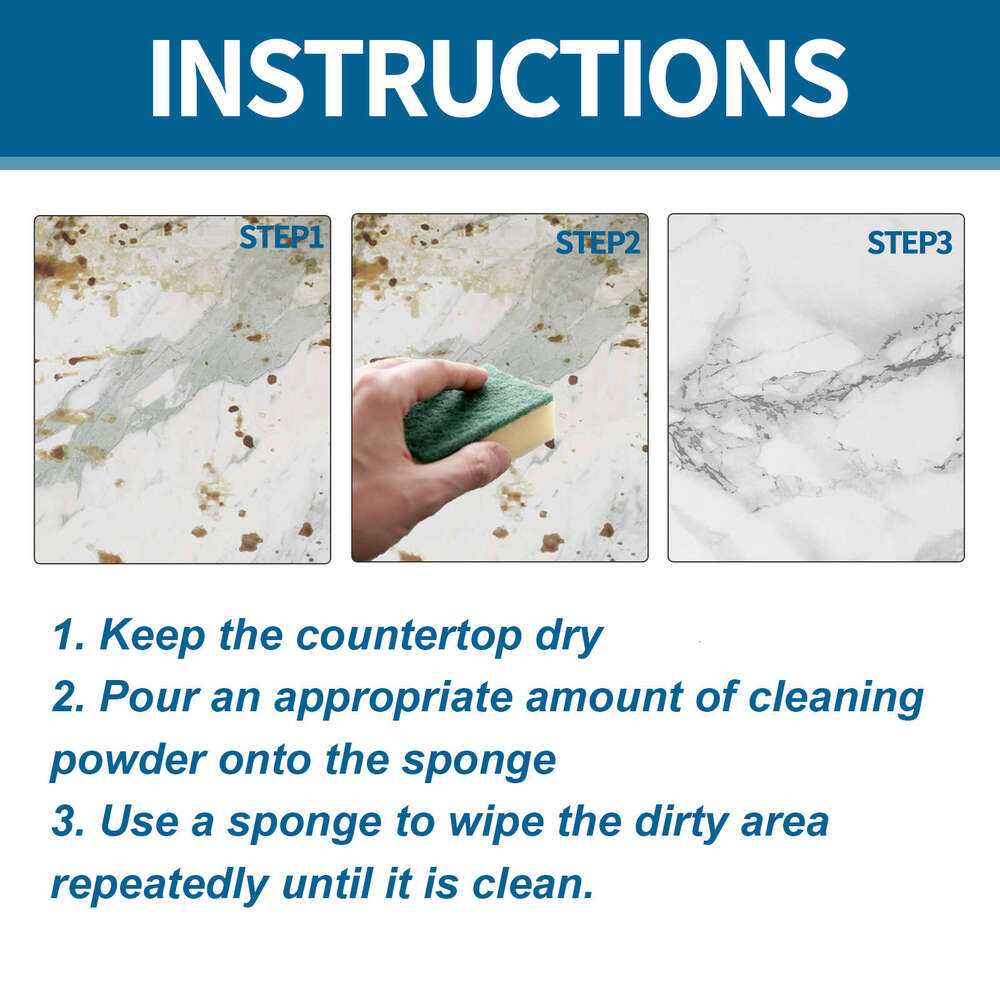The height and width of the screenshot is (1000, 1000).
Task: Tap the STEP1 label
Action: [x=281, y=237]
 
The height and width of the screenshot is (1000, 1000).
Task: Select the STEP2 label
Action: [x=597, y=242]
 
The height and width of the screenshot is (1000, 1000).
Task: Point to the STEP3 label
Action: [x=909, y=242]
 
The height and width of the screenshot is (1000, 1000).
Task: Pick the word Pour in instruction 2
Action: [x=147, y=698]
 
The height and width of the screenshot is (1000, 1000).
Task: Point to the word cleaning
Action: [x=838, y=698]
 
